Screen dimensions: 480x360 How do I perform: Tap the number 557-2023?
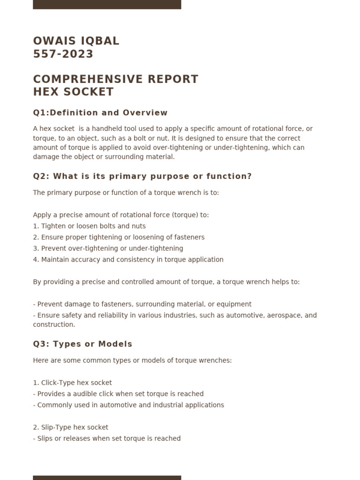tap(63, 54)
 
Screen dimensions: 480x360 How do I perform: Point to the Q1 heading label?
tap(38, 113)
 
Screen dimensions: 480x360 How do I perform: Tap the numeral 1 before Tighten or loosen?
tap(35, 226)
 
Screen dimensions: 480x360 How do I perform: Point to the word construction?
tap(53, 325)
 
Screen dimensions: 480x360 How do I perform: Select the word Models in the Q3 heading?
tap(116, 345)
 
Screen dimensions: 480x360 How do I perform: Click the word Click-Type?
tap(59, 383)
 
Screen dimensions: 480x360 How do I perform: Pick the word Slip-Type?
tap(57, 427)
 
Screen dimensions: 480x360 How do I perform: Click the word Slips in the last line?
tap(45, 439)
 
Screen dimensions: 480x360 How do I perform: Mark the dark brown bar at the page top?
tap(107, 4)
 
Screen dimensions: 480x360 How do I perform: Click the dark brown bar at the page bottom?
tap(107, 478)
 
